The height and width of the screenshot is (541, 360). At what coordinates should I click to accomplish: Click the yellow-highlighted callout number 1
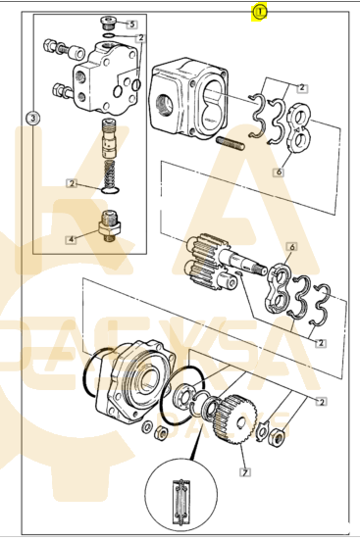(x=260, y=13)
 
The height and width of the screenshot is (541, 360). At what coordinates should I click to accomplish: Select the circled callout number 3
(x=32, y=119)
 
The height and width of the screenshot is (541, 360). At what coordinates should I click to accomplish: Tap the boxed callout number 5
(x=131, y=25)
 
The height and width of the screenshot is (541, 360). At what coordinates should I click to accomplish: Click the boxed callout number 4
(x=71, y=239)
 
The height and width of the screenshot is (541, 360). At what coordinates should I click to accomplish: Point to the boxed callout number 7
(x=245, y=472)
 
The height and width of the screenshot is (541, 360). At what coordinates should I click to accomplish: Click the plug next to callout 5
(x=108, y=22)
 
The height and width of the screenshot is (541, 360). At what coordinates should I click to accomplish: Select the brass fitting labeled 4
(x=109, y=225)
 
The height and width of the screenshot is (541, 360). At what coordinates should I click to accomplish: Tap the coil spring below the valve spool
(x=110, y=173)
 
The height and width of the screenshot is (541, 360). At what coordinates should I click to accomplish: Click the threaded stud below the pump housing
(x=231, y=143)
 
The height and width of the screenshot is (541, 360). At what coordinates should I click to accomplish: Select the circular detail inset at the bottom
(x=181, y=495)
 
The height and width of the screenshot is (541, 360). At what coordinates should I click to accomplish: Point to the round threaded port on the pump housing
(x=164, y=104)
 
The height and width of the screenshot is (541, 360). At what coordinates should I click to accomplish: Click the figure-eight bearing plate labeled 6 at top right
(x=298, y=127)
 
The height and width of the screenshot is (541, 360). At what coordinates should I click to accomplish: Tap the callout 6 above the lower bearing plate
(x=292, y=247)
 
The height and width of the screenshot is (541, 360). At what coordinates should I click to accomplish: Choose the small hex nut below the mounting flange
(x=161, y=433)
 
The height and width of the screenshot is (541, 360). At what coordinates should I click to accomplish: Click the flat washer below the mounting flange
(x=147, y=426)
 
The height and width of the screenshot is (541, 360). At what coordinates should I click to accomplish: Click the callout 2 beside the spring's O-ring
(x=72, y=183)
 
